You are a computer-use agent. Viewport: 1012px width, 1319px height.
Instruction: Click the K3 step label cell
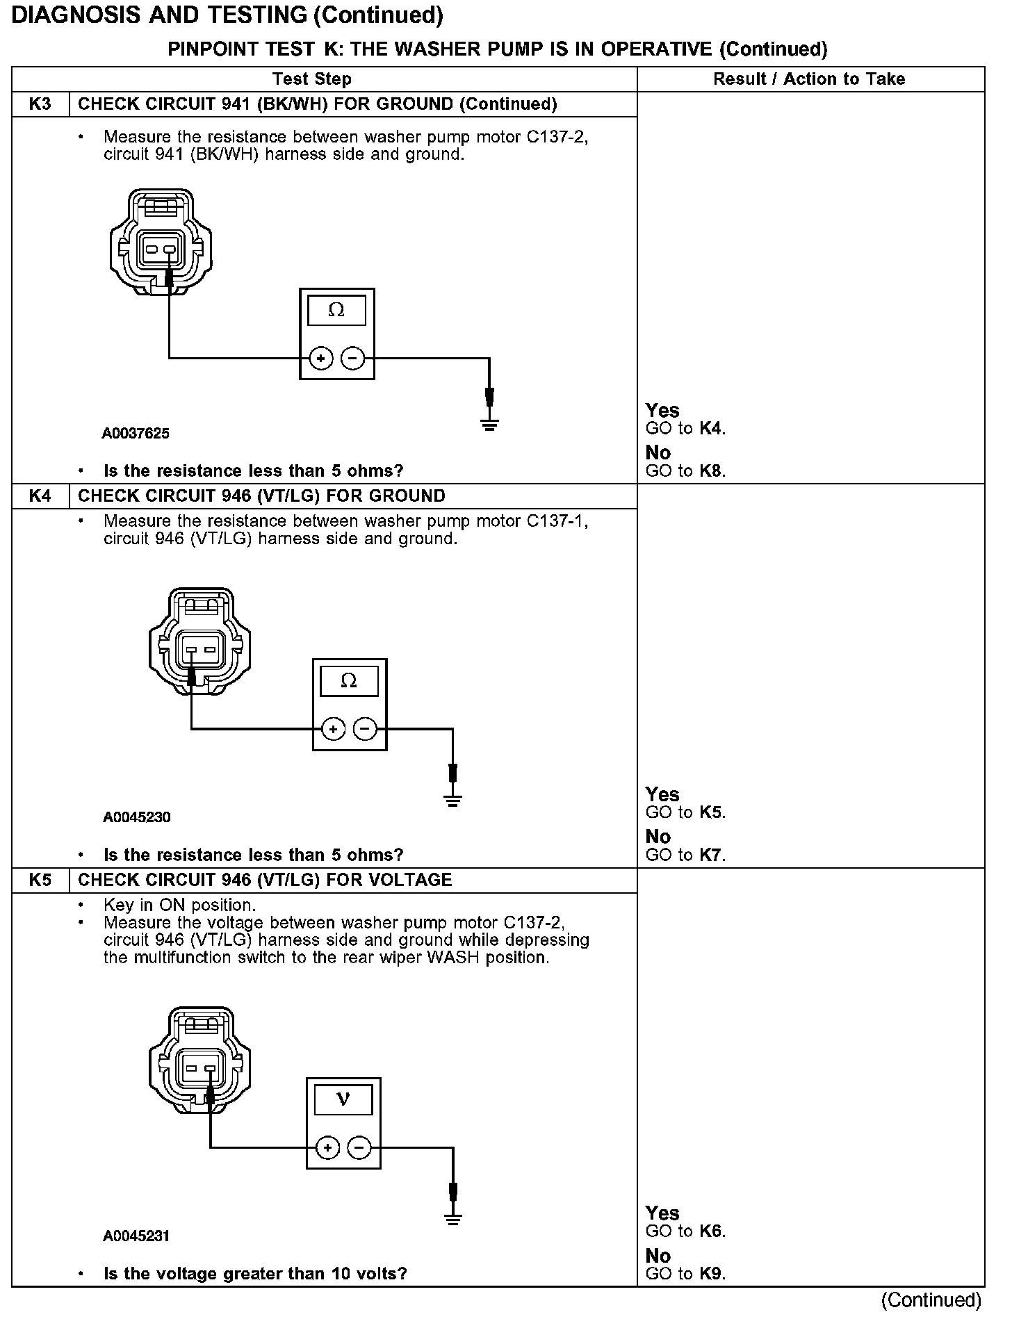[40, 104]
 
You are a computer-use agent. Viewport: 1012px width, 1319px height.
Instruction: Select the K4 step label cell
[40, 496]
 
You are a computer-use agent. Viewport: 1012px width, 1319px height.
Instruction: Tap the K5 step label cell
[40, 880]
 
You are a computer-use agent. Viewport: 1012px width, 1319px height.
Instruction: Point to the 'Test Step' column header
[311, 79]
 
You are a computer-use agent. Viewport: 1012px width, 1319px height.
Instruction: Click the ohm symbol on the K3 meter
[336, 310]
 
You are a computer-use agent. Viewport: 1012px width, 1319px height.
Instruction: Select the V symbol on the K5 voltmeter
[343, 1099]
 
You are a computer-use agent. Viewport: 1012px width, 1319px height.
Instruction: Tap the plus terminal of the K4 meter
[334, 729]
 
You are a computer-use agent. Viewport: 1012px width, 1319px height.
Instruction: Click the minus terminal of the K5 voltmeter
[359, 1147]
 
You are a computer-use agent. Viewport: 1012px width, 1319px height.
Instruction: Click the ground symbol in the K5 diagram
[453, 1219]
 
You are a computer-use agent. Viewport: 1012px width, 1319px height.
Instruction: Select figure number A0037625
[136, 434]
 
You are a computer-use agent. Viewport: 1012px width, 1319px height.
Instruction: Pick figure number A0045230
[137, 817]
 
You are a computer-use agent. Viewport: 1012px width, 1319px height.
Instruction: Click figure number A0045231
[137, 1236]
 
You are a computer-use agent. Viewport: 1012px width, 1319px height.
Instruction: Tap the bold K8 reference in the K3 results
[711, 471]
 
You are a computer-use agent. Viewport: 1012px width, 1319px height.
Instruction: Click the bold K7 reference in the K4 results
[711, 855]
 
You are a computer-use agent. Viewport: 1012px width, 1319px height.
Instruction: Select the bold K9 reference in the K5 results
[711, 1274]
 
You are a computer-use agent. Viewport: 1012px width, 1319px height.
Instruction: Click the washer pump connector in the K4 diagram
[199, 641]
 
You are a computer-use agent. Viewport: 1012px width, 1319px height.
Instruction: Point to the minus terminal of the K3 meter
[353, 359]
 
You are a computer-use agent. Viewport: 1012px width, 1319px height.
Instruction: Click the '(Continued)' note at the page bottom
[931, 1300]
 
